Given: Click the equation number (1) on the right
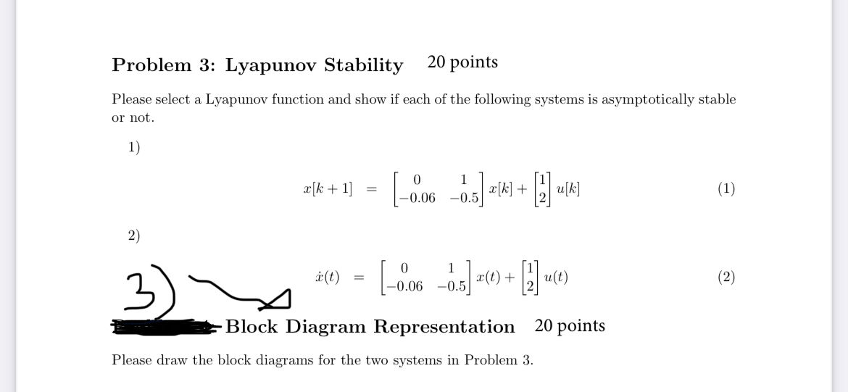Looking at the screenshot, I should click(x=726, y=189).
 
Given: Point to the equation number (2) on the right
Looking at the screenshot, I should click(x=726, y=277).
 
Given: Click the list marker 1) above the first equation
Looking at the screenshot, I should click(x=133, y=147).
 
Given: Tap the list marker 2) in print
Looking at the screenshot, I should click(x=133, y=235).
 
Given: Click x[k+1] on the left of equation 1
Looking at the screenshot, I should click(x=328, y=189).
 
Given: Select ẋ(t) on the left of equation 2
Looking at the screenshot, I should click(x=328, y=277).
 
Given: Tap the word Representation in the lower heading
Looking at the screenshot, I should click(x=444, y=327).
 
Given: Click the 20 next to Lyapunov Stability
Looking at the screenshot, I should click(x=437, y=62).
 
